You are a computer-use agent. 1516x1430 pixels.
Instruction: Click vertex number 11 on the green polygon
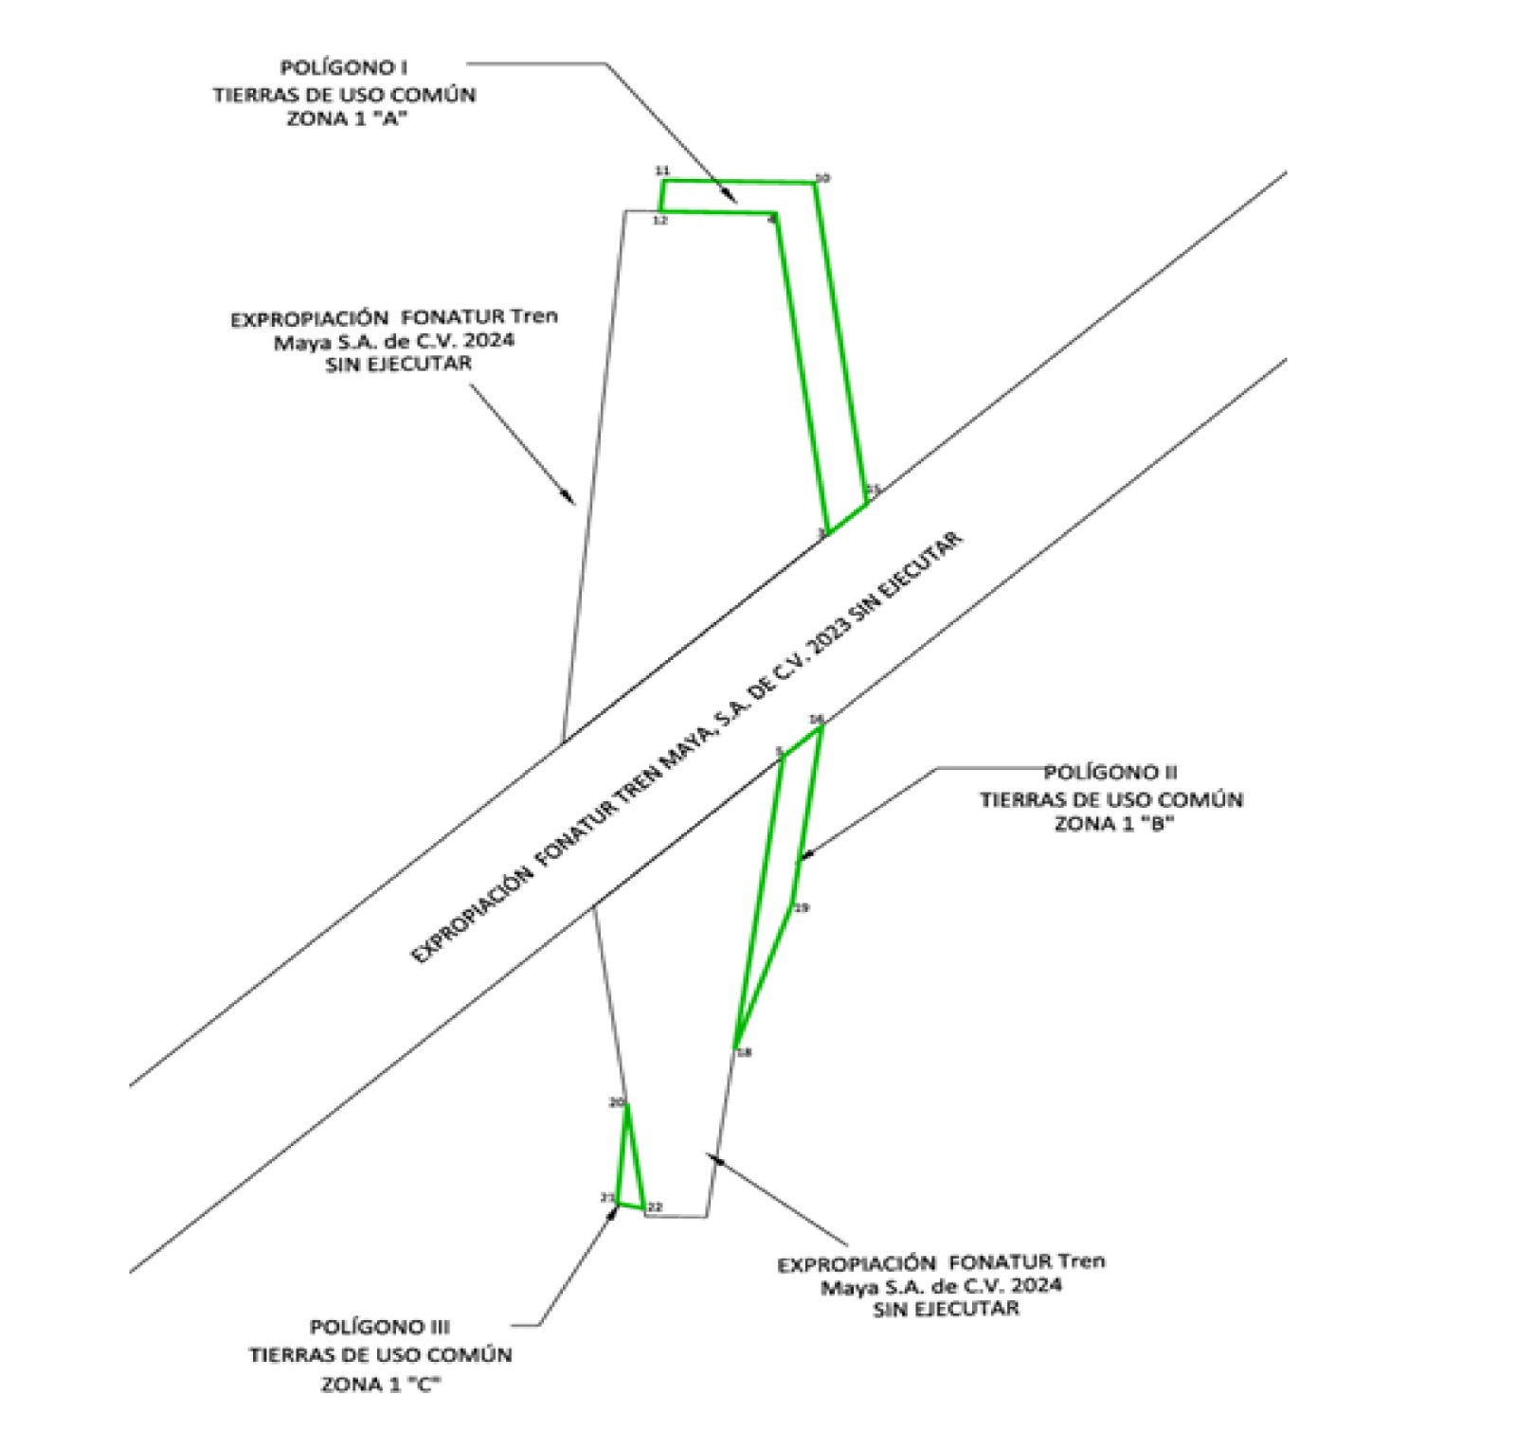point(662,170)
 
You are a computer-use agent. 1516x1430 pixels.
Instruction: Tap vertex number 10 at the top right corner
point(822,178)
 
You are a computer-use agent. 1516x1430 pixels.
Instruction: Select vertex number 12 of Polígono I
point(660,221)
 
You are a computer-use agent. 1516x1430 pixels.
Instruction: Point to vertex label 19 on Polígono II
point(802,908)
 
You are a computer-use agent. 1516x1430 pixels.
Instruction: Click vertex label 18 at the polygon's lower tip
point(745,1052)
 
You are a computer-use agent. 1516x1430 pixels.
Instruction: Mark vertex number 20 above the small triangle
point(616,1102)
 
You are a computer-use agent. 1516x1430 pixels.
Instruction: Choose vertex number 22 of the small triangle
point(654,1207)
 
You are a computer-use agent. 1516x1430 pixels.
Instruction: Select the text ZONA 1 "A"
point(342,120)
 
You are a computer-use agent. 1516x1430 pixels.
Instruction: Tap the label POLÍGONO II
point(1110,773)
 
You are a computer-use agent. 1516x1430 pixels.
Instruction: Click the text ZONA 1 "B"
point(1114,824)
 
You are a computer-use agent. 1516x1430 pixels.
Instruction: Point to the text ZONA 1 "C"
point(381,1385)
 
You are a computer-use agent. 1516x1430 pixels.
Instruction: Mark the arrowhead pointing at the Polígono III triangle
point(614,1211)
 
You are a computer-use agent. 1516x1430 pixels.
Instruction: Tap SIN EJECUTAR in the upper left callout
point(397,364)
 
